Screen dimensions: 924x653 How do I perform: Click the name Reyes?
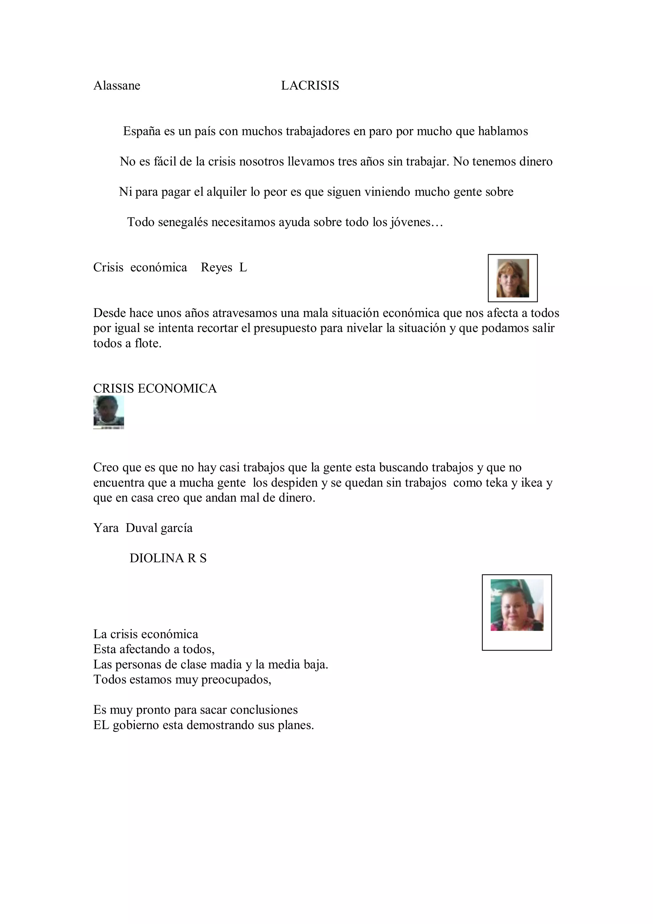[x=216, y=268]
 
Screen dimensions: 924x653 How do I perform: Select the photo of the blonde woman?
[x=513, y=278]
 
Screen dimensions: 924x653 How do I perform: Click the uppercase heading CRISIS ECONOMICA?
[x=155, y=389]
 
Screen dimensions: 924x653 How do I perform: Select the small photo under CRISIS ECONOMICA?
[x=109, y=412]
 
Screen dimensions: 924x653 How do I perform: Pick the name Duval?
[x=141, y=528]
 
